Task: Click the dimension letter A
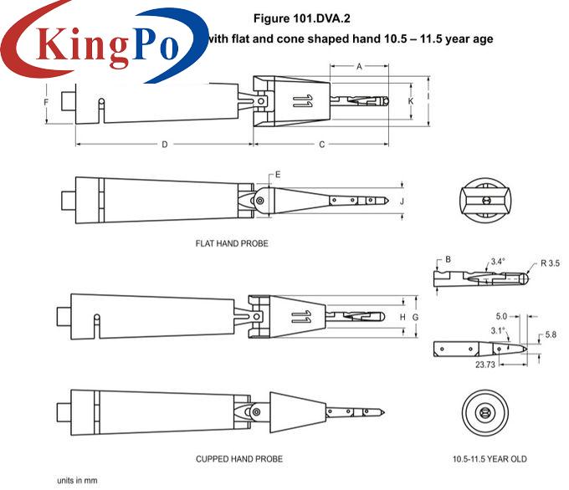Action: point(359,66)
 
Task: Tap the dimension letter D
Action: point(165,145)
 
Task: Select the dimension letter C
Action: point(322,145)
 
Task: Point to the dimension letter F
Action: point(46,102)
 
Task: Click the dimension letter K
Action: point(411,101)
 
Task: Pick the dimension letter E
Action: point(278,175)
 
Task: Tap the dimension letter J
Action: point(402,202)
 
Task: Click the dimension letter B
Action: point(449,260)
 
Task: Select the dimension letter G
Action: point(416,318)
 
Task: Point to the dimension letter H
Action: point(402,318)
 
